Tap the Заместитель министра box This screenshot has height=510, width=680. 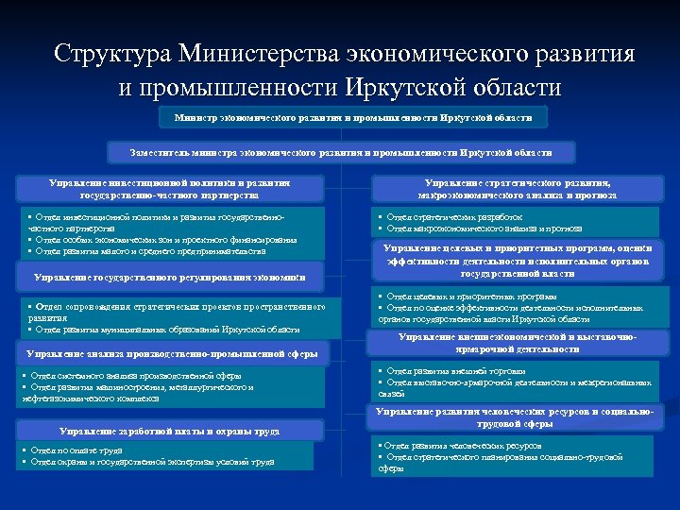341,152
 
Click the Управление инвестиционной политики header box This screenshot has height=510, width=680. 170,189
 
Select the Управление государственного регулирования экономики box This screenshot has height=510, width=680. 170,278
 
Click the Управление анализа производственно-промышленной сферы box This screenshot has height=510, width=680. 171,353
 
